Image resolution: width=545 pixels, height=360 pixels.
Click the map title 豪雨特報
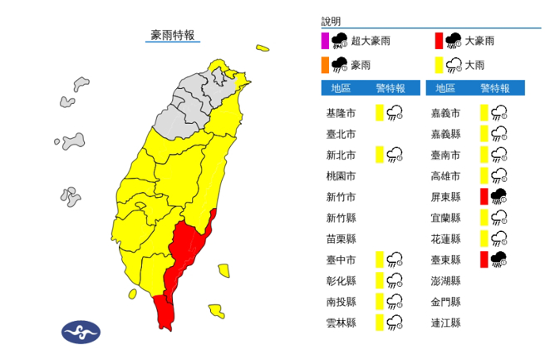[173, 35]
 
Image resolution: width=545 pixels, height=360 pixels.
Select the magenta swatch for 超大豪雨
[325, 39]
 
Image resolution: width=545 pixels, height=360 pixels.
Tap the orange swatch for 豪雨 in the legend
[325, 64]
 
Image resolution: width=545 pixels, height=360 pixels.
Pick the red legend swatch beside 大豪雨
[437, 39]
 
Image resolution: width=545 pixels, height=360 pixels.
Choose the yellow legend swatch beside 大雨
[437, 64]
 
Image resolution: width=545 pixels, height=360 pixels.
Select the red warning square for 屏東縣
[484, 197]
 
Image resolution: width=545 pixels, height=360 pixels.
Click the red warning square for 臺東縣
[484, 260]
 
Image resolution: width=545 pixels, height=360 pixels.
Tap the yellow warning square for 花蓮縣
[484, 239]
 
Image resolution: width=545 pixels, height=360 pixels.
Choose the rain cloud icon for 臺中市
[396, 260]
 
